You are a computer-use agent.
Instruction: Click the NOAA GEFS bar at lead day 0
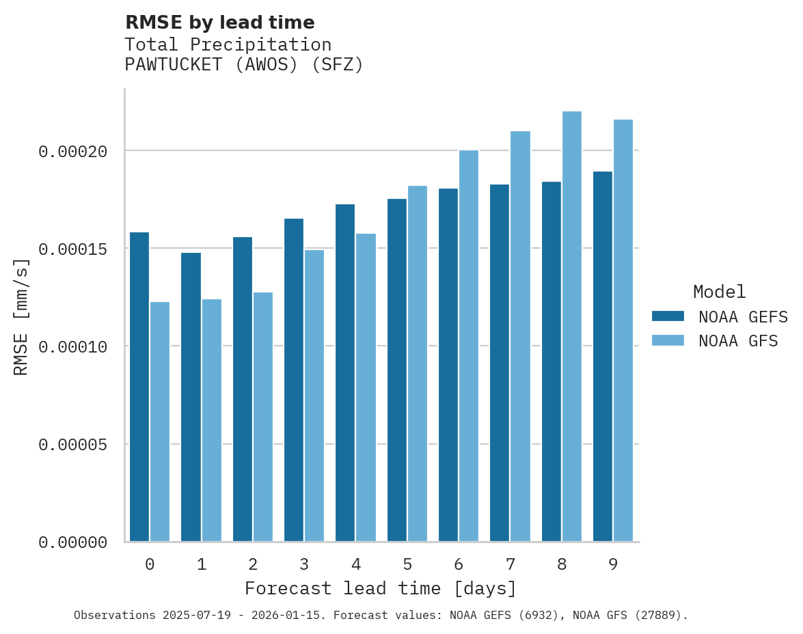(x=139, y=387)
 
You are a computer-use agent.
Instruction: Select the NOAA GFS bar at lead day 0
(x=160, y=422)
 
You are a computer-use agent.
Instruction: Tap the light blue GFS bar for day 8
(x=572, y=327)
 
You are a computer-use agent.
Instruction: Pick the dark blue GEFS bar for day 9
(x=603, y=356)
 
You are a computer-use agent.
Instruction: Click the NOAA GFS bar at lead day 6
(x=469, y=346)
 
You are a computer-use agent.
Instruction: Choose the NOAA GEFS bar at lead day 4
(x=345, y=372)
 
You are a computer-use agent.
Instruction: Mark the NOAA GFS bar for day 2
(x=263, y=417)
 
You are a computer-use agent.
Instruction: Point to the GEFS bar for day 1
(x=191, y=397)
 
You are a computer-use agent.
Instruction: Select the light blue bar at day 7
(x=520, y=336)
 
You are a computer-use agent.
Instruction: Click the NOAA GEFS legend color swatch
(x=668, y=316)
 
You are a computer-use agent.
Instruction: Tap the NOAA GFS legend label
(x=738, y=341)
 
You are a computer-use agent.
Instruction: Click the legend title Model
(x=719, y=292)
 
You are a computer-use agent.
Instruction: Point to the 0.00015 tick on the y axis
(x=72, y=249)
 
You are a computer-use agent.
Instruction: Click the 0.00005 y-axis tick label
(x=72, y=445)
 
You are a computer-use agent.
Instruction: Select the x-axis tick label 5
(x=407, y=565)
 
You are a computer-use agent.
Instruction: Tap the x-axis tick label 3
(x=304, y=565)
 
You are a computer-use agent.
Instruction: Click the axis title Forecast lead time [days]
(x=381, y=588)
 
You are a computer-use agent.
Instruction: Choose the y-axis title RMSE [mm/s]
(x=21, y=316)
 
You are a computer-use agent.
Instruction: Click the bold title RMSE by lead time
(x=219, y=23)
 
